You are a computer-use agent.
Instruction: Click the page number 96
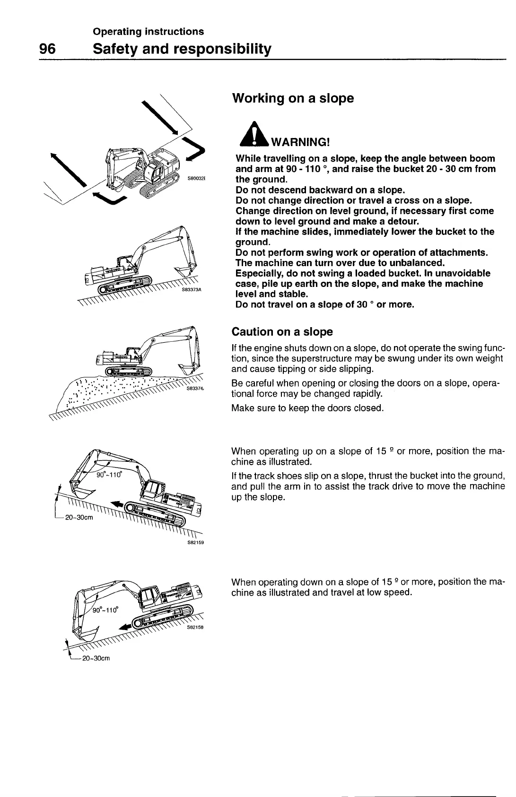tap(47, 49)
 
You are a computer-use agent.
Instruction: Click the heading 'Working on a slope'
tap(293, 98)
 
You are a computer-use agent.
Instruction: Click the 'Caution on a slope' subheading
tap(282, 331)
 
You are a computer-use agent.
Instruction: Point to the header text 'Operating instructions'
tap(149, 31)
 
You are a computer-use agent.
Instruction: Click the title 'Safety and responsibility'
tap(182, 49)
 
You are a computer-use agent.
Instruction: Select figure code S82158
tap(195, 628)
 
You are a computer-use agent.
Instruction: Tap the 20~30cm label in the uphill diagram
tap(79, 517)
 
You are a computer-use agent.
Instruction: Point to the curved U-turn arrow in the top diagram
tap(114, 200)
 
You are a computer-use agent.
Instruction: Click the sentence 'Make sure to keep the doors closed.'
tap(307, 408)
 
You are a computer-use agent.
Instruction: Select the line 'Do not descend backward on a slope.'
tap(320, 190)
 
